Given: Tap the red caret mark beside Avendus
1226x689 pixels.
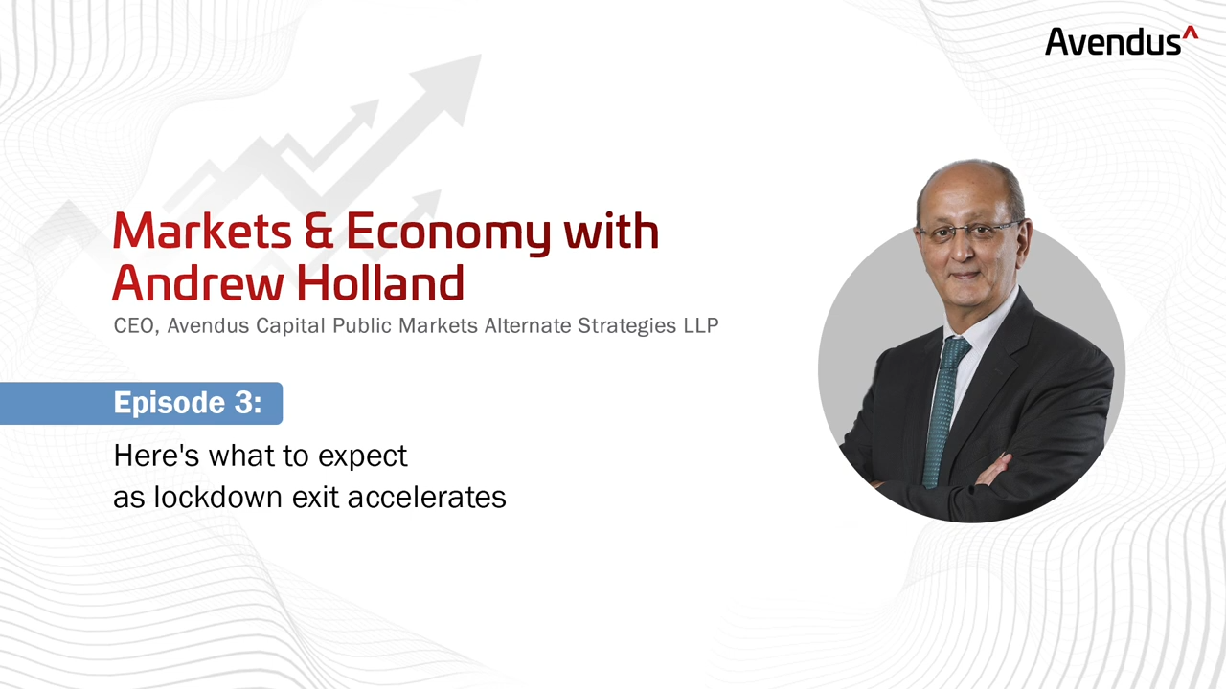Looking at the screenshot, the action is click(x=1191, y=33).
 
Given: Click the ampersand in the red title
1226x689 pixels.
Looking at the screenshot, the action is click(x=319, y=232).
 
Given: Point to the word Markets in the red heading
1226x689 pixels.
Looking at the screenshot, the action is click(x=202, y=231).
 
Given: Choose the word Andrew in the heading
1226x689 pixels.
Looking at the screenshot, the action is click(x=198, y=282).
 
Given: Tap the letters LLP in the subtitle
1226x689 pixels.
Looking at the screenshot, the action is click(x=700, y=325).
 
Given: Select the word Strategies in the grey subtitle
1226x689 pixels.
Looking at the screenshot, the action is click(x=626, y=326).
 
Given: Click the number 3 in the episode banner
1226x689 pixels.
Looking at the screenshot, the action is click(x=243, y=403).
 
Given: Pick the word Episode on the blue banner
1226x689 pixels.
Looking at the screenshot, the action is click(x=170, y=403).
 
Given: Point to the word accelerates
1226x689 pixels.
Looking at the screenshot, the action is click(x=427, y=498).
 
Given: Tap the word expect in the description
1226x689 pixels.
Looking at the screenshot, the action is click(x=362, y=457).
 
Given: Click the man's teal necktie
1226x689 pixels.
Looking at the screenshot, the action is click(x=942, y=411).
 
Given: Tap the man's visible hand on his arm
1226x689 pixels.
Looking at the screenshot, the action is click(x=993, y=470).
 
